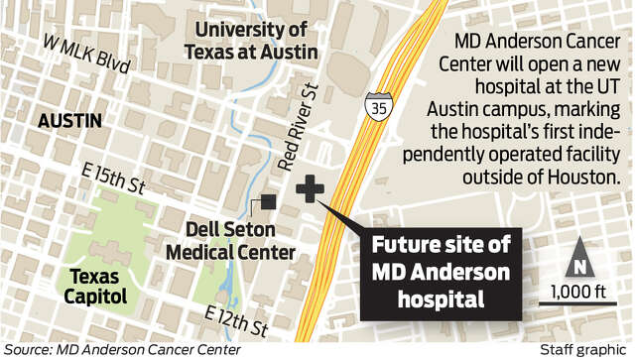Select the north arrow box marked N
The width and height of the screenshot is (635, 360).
click(x=576, y=267)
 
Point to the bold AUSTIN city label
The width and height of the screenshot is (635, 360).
click(x=69, y=120)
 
